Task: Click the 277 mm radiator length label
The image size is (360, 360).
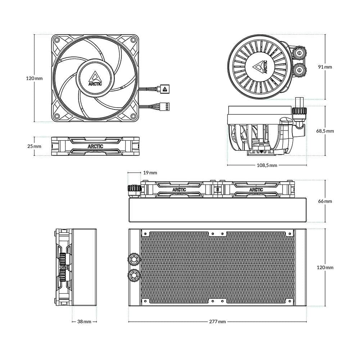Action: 217,321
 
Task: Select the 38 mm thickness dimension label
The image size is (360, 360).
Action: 84,321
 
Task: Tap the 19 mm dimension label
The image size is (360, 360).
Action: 150,173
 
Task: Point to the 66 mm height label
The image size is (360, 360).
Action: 325,201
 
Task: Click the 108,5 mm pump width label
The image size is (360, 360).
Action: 267,165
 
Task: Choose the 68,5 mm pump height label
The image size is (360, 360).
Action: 325,131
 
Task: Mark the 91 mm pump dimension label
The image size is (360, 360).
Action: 325,67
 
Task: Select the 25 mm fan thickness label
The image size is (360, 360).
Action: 34,146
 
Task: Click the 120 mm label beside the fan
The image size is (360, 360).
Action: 34,78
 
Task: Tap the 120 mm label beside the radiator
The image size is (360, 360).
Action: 325,267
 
